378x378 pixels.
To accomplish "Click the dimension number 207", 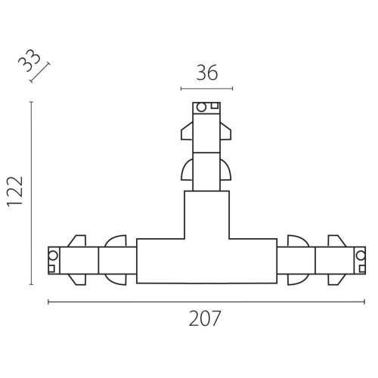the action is coord(205,318).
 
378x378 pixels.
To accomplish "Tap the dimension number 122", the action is coord(15,192).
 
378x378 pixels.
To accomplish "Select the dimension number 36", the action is coord(207,73).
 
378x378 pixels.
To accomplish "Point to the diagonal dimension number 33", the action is coord(29,60).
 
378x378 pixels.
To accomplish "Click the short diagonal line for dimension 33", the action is coord(40,73).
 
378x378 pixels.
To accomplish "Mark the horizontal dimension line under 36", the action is coord(206,88).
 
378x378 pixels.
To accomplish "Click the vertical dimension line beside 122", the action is coord(31,193).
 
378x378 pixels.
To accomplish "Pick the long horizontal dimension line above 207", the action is coord(206,302).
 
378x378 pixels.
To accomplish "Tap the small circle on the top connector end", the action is coord(201,107).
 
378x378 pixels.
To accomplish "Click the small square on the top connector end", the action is coord(215,106).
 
